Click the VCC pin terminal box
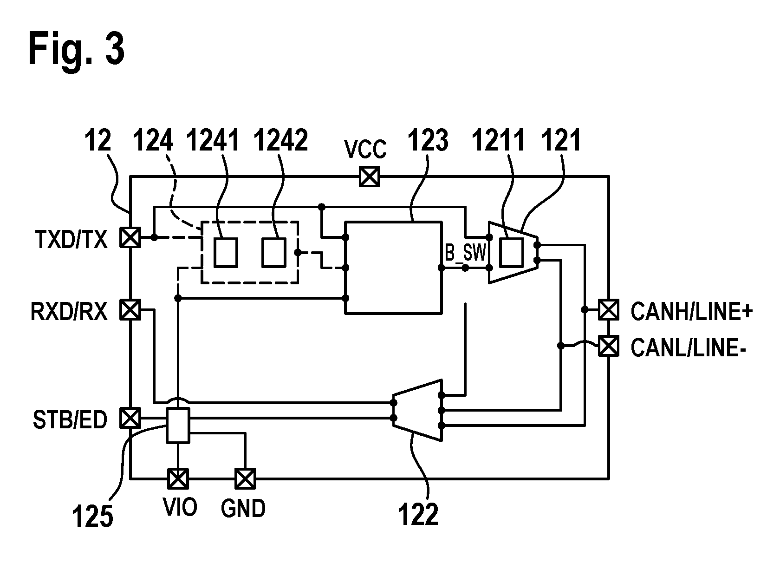pos(369,177)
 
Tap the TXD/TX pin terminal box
pos(130,237)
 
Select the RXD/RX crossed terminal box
pos(130,309)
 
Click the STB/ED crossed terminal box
pos(130,418)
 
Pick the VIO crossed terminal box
pos(178,478)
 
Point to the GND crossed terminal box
pos(245,478)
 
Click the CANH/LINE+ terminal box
pos(609,309)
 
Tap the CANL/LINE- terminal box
pos(609,346)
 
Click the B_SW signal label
pos(465,253)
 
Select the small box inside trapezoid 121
pos(512,253)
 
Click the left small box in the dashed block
pos(226,253)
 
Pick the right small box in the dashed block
pos(274,253)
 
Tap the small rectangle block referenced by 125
pos(178,426)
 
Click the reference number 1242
pos(280,140)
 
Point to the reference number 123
pos(428,140)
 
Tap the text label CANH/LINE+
pos(692,311)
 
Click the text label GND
pos(243,508)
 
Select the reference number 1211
pos(498,140)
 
